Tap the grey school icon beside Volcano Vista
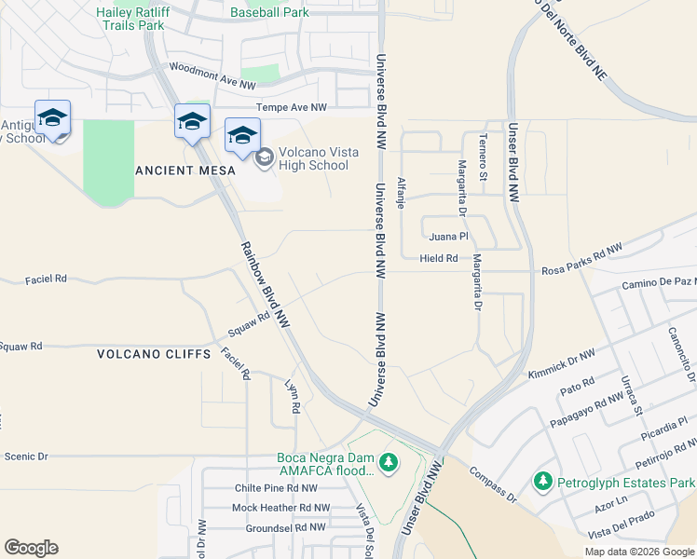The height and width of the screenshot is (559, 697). click(x=265, y=157)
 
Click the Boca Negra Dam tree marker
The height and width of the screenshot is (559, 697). click(x=390, y=461)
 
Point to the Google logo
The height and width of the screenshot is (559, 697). click(x=31, y=548)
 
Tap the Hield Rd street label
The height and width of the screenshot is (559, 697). click(x=439, y=258)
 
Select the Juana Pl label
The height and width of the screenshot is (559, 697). click(x=448, y=237)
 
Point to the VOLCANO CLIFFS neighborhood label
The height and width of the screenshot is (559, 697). click(x=147, y=354)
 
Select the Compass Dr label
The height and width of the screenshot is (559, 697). click(x=493, y=484)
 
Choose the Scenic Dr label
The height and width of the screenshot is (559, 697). click(x=25, y=457)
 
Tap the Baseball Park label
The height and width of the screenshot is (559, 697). click(x=269, y=13)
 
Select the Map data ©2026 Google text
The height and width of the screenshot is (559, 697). click(x=638, y=552)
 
